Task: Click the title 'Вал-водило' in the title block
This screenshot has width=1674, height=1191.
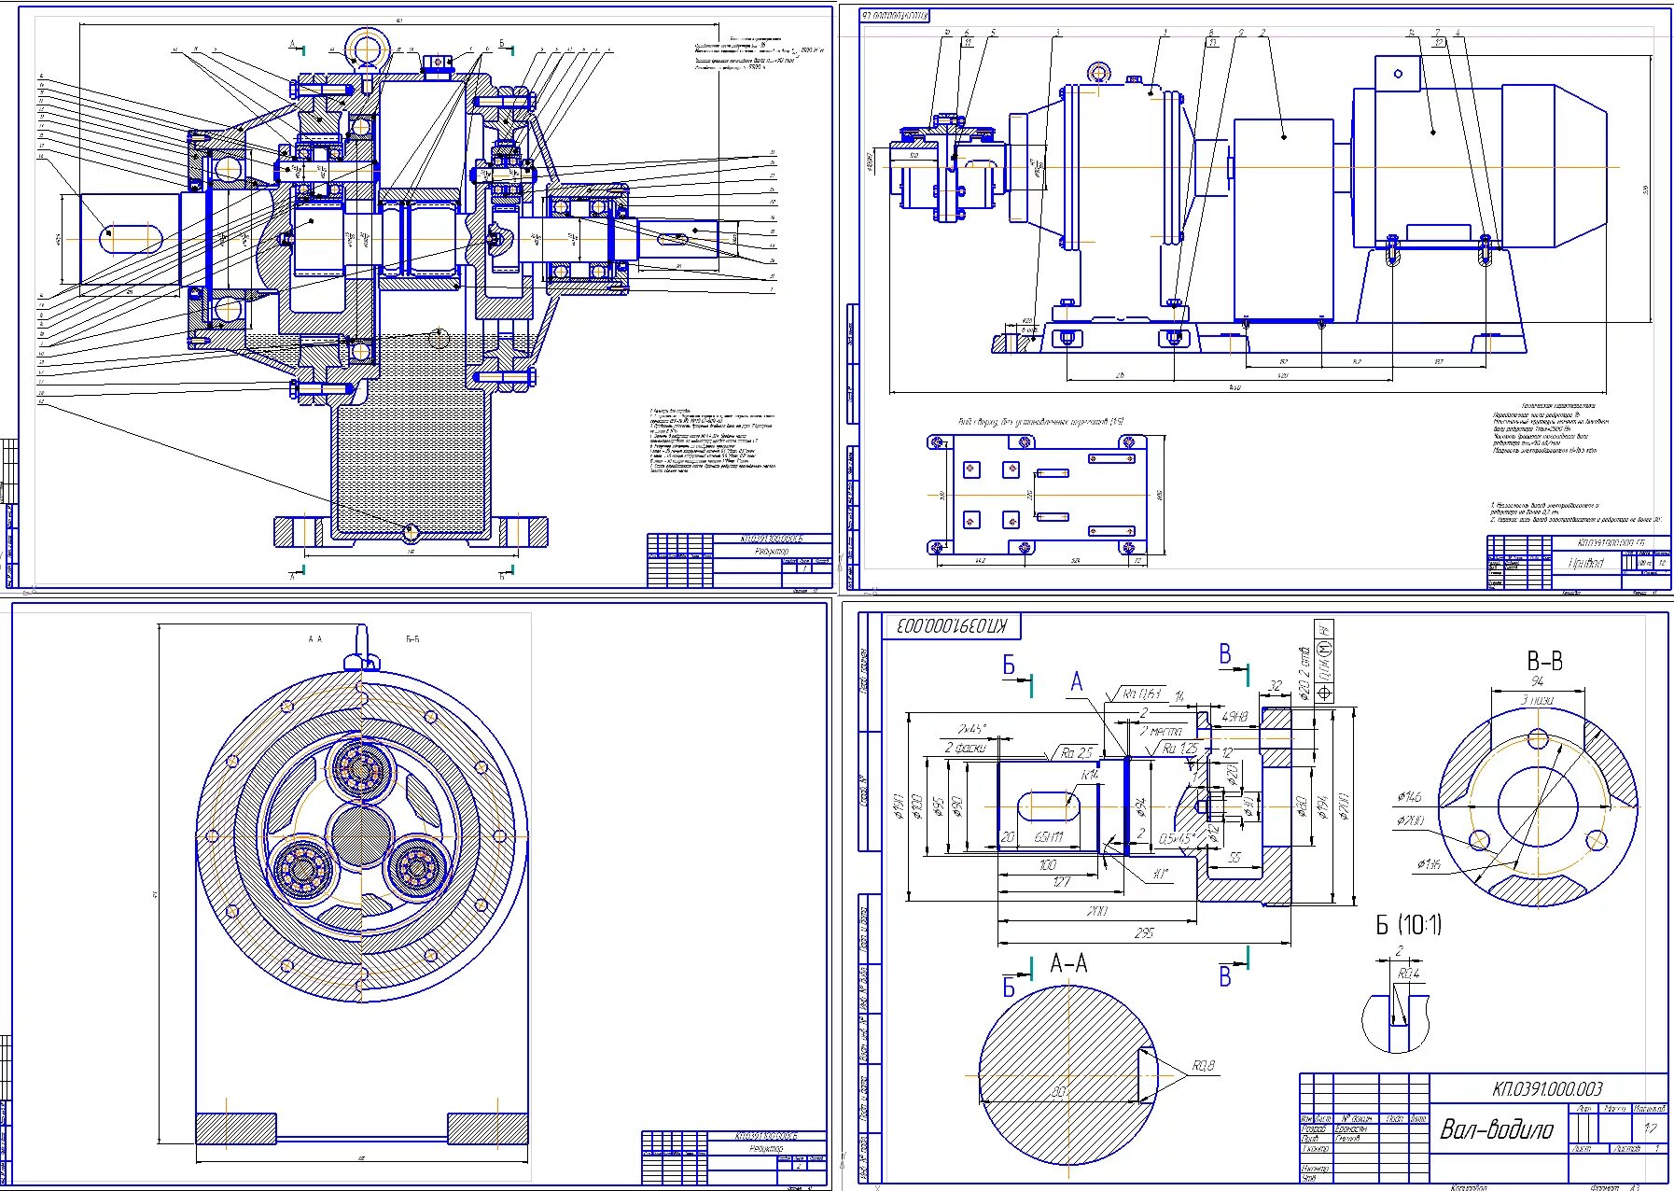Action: tap(1497, 1129)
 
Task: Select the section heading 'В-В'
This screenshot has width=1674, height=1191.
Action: tap(1544, 661)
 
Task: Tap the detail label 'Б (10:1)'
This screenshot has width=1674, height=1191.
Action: tap(1409, 925)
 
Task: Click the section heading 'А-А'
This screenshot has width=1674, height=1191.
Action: tap(1068, 963)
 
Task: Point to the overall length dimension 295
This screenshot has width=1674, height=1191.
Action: tap(1144, 932)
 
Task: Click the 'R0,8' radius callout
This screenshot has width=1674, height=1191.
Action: tap(1203, 1065)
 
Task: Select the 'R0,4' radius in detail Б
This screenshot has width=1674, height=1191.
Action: tap(1408, 974)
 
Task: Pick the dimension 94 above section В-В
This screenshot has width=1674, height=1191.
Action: tap(1537, 681)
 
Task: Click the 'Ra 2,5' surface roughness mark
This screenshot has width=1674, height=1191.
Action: tap(1077, 752)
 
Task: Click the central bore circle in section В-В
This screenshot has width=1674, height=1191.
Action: tap(1537, 806)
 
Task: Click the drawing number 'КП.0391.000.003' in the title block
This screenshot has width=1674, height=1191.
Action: tap(1547, 1088)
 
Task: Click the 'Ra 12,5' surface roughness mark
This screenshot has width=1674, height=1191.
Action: tap(1179, 749)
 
